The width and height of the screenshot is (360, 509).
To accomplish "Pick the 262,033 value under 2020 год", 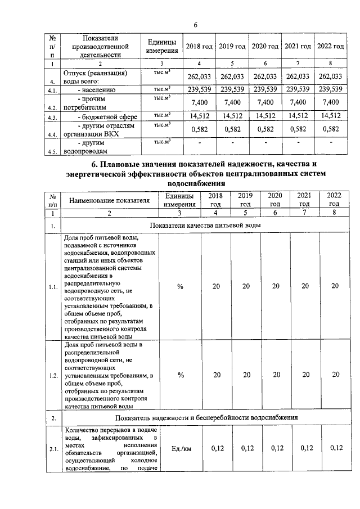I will [264, 76].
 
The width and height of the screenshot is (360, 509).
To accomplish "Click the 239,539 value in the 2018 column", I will [199, 89].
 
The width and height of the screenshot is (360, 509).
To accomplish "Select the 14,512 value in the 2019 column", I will [232, 116].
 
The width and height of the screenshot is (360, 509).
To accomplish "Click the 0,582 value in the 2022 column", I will [330, 129].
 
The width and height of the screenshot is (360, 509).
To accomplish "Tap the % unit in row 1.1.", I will [180, 286].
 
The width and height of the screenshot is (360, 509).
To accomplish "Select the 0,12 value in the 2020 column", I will [276, 448].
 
